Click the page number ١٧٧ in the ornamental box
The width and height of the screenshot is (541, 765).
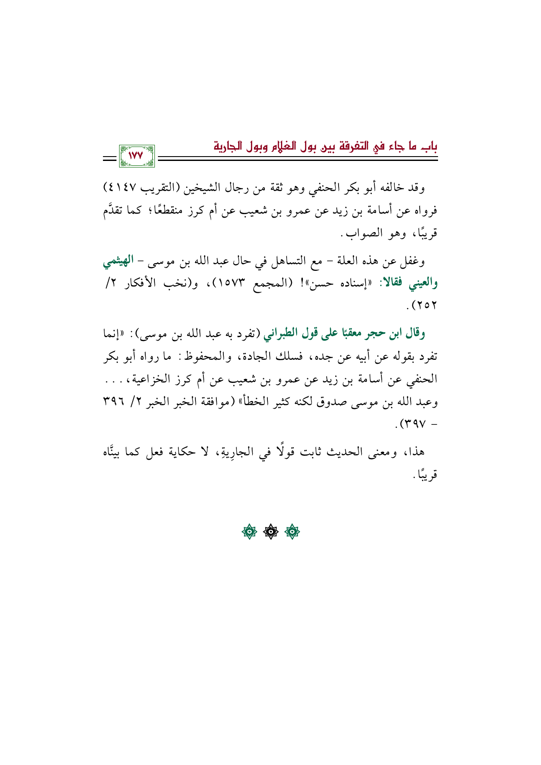click(x=136, y=155)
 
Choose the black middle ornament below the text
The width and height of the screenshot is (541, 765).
click(x=270, y=533)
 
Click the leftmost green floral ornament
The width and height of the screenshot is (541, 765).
click(x=250, y=533)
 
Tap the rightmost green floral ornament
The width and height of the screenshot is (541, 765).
click(x=292, y=533)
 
